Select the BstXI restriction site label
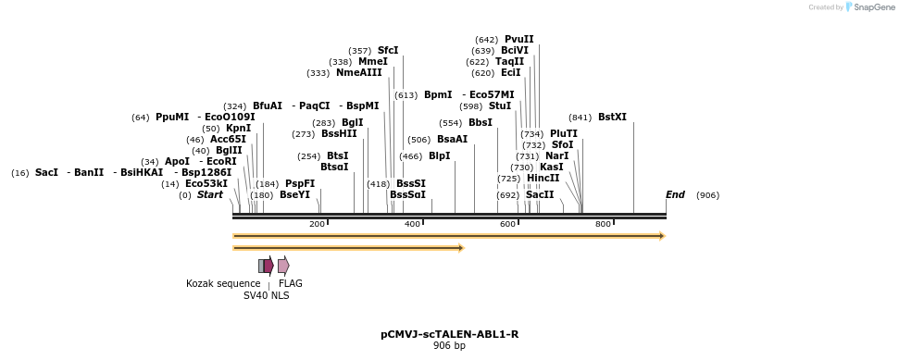(612, 117)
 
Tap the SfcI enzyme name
(388, 50)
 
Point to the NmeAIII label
(358, 72)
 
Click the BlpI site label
(439, 155)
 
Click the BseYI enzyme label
(295, 194)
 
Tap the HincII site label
(543, 178)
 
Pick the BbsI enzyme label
(481, 122)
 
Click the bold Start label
(210, 194)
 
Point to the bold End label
(676, 194)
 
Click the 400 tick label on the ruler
(413, 225)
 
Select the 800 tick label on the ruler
(604, 225)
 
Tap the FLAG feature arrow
(283, 266)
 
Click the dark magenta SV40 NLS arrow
(268, 266)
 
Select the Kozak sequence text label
(223, 283)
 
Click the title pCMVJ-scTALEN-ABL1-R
(449, 334)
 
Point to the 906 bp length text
(449, 346)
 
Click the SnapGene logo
(868, 7)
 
